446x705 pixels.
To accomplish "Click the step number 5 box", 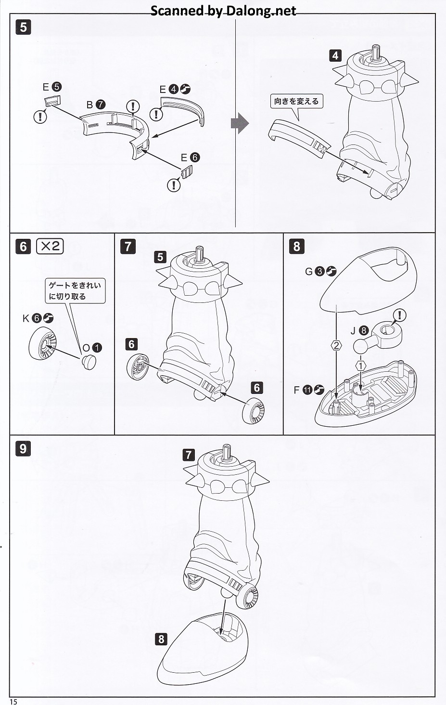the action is pyautogui.click(x=23, y=28).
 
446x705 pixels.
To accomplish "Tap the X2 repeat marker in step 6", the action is pyautogui.click(x=50, y=246).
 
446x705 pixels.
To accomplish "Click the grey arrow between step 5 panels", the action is pyautogui.click(x=240, y=123).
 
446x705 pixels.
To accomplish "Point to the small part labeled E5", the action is pyautogui.click(x=52, y=102).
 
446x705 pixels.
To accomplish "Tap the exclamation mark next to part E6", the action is pyautogui.click(x=173, y=185).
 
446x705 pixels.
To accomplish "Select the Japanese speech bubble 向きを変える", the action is pyautogui.click(x=296, y=101).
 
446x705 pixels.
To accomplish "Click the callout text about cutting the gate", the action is pyautogui.click(x=75, y=291).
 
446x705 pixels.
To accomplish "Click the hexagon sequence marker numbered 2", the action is pyautogui.click(x=336, y=345).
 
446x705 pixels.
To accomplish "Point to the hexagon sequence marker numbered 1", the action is pyautogui.click(x=361, y=366).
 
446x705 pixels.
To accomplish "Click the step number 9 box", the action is pyautogui.click(x=23, y=448).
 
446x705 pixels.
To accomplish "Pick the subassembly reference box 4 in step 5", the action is pyautogui.click(x=335, y=55).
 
